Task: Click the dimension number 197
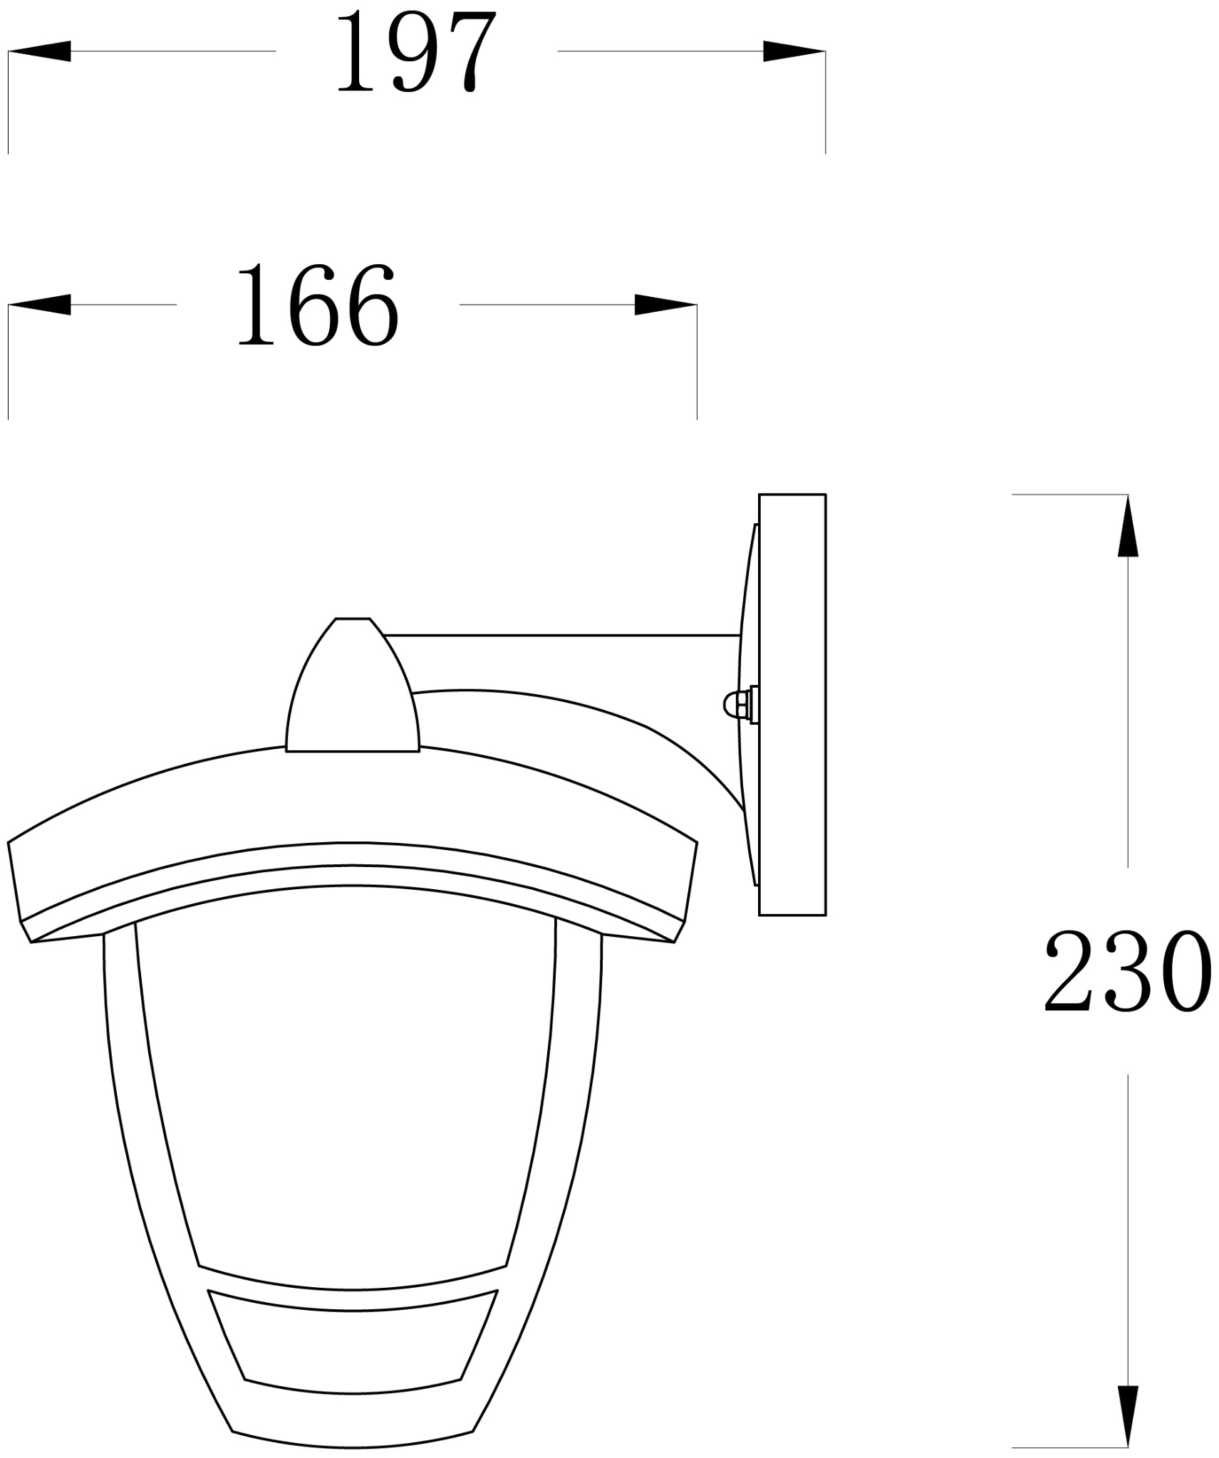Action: (415, 53)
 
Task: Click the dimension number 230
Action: (1128, 972)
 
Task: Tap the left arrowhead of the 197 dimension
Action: (39, 51)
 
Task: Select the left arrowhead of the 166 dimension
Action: (39, 305)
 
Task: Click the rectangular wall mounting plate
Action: (792, 705)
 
